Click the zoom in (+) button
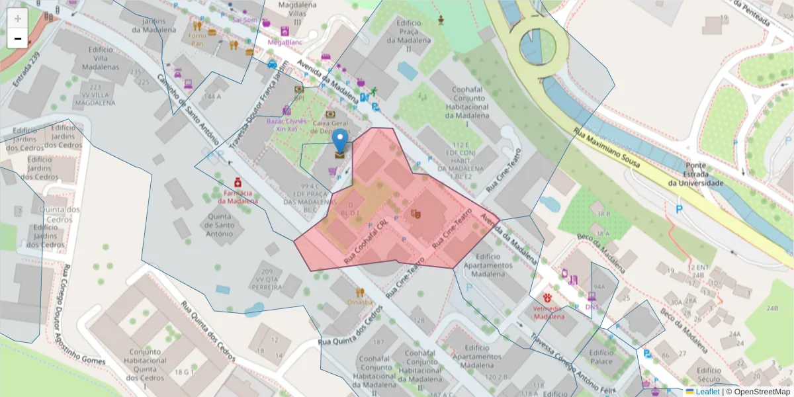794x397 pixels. (18, 19)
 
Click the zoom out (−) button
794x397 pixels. (18, 38)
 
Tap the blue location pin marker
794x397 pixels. (339, 143)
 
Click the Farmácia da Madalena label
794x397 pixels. (238, 197)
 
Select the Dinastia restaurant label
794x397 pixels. (359, 302)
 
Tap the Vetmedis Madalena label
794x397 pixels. (549, 312)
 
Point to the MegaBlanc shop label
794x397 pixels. (285, 42)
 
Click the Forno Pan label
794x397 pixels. (197, 39)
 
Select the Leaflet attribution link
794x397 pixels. (707, 392)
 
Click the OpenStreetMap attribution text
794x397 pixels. (758, 392)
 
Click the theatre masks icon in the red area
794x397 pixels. (416, 214)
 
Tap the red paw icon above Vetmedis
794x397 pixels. (548, 298)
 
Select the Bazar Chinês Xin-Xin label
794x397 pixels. (287, 125)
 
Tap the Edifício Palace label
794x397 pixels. (601, 357)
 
